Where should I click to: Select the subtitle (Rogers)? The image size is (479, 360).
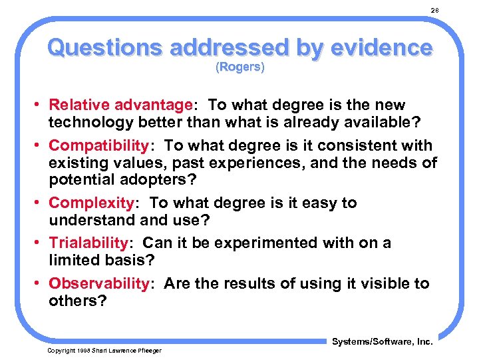point(239,67)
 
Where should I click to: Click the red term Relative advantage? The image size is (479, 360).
point(120,105)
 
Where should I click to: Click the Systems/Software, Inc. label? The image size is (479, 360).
point(381,341)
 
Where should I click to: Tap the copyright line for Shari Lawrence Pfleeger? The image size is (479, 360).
point(104,350)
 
